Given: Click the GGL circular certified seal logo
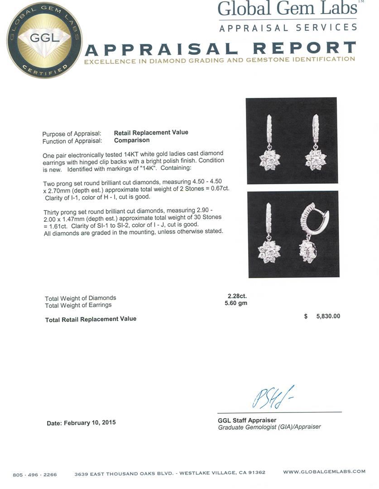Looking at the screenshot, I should point(44,40).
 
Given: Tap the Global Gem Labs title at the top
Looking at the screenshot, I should point(288,10).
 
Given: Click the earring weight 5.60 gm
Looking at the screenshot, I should point(236,303).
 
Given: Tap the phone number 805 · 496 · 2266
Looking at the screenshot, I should point(35,475).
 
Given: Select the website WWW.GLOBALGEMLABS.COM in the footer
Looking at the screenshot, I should point(324,472).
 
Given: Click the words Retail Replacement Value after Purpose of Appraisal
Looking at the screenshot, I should point(151,133).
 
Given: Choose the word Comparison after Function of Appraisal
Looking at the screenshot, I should point(132,140).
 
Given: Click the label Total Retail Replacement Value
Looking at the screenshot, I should point(91,319).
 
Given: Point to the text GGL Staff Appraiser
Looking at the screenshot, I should point(247,420).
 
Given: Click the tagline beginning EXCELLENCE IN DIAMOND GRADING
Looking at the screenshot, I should point(220,60).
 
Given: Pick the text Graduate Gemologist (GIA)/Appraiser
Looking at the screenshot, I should point(269,427).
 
